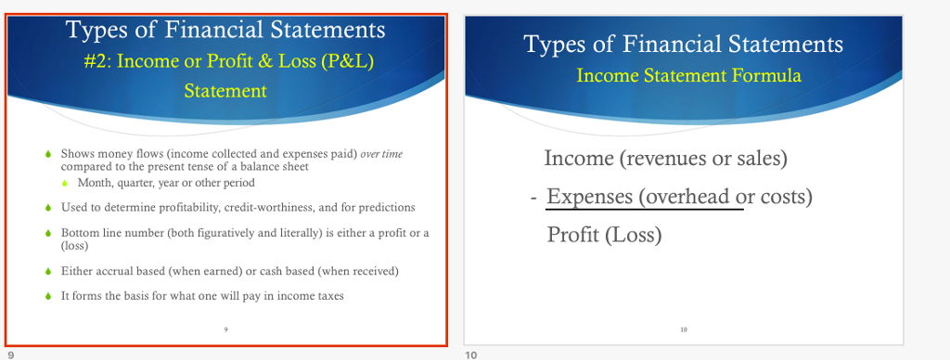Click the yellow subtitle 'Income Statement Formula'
[x=688, y=75]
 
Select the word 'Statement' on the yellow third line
[x=225, y=91]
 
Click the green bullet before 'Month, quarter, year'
[x=64, y=183]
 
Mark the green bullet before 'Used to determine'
[x=48, y=207]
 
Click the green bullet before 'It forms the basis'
[x=48, y=296]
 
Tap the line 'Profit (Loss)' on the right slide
[x=604, y=235]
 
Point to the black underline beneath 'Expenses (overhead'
[x=645, y=210]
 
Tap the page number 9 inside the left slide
[x=225, y=329]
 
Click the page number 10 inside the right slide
[x=684, y=329]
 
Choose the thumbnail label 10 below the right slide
[x=470, y=354]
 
